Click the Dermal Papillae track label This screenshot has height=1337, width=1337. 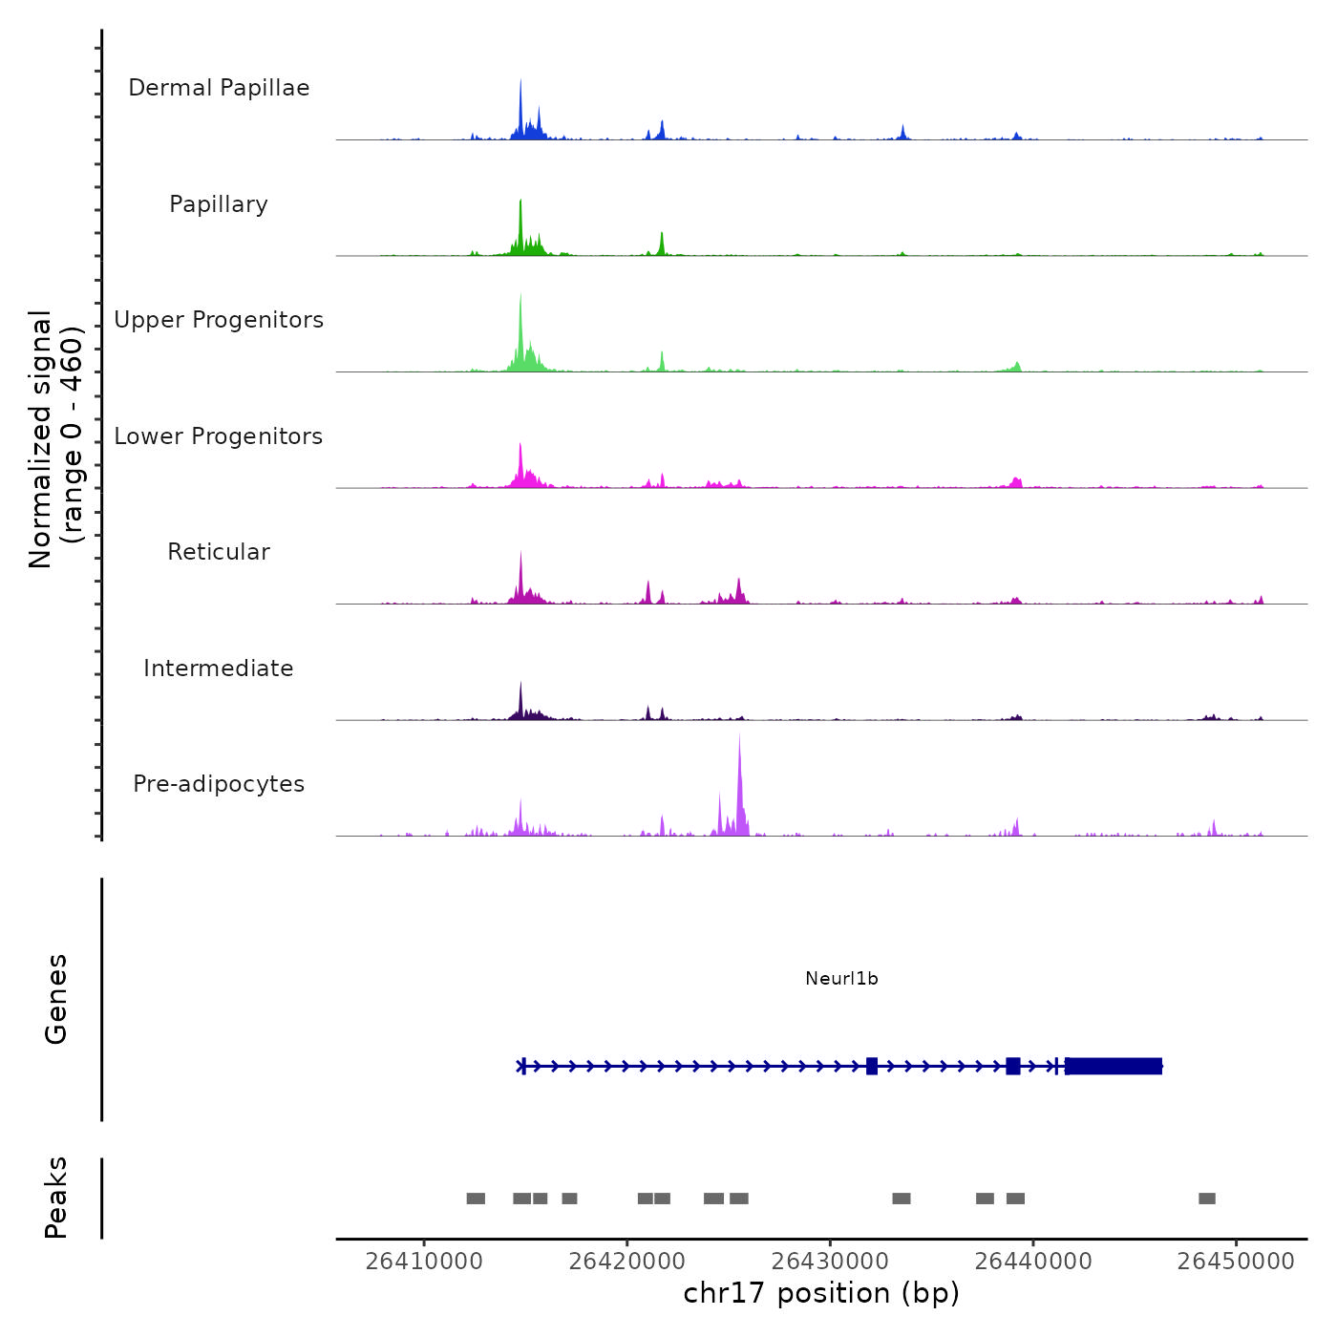[219, 88]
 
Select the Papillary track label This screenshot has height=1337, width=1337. [219, 204]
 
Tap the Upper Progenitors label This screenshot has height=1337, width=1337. [219, 320]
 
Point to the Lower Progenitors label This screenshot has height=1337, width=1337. [219, 436]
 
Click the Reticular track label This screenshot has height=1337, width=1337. [219, 552]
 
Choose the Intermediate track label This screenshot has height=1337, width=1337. [219, 668]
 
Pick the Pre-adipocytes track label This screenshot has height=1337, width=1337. [219, 784]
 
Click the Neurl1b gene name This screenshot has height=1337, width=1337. [841, 978]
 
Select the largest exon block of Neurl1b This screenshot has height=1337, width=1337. [1114, 1066]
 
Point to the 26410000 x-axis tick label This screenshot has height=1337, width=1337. [424, 1261]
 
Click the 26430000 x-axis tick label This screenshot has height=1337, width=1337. [830, 1261]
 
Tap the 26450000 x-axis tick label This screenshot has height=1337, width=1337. [1236, 1261]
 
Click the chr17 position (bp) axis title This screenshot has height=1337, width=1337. [821, 1293]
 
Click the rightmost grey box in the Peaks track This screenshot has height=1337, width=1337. [1207, 1199]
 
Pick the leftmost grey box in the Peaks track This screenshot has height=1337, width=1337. [476, 1199]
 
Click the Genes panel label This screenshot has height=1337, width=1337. [55, 999]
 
